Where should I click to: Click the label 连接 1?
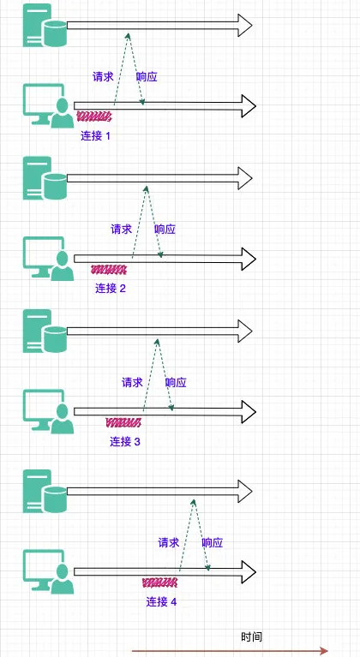click(x=95, y=135)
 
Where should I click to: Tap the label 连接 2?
click(x=111, y=289)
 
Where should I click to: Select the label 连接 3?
click(x=125, y=441)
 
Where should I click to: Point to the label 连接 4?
click(x=161, y=601)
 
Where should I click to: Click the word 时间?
click(x=252, y=637)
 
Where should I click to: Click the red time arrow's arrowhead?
click(x=323, y=650)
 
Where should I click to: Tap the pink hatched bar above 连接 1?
click(x=94, y=116)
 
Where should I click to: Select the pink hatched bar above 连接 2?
click(x=109, y=269)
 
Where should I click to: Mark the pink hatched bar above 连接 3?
click(x=123, y=422)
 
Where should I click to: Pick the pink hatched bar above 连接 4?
click(x=159, y=582)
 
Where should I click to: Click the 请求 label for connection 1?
click(x=103, y=77)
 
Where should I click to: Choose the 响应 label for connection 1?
click(x=147, y=77)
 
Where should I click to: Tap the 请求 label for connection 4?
click(x=169, y=542)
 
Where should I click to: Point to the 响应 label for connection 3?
click(x=176, y=382)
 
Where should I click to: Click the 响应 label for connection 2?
click(x=165, y=230)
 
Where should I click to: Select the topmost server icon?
click(x=45, y=25)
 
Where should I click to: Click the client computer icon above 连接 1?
click(x=49, y=105)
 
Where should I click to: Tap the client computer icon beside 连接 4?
click(x=49, y=571)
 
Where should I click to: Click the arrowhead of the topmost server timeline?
click(x=245, y=25)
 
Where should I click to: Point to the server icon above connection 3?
click(x=45, y=331)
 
